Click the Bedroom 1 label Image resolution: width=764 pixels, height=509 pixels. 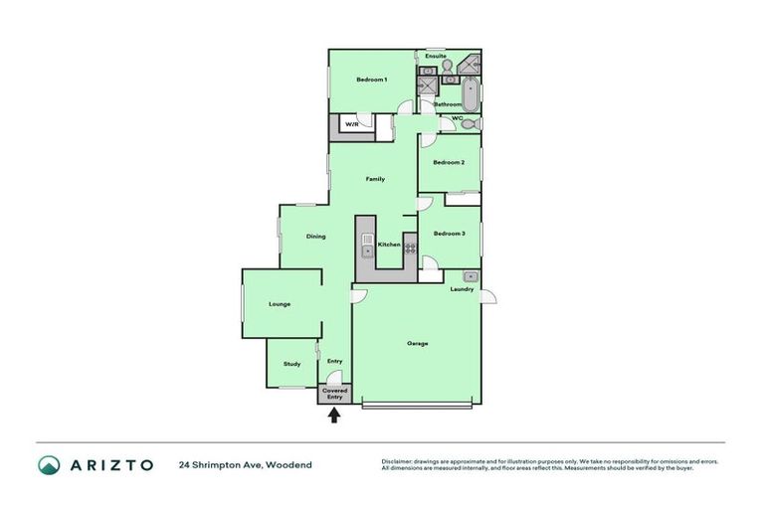[x=371, y=80]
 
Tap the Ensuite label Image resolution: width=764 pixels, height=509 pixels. [x=436, y=57]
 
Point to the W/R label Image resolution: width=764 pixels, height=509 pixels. [x=352, y=124]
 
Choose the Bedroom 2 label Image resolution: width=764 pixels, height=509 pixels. [x=448, y=162]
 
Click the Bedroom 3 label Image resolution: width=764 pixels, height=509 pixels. [x=450, y=234]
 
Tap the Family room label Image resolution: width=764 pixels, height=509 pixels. [x=374, y=179]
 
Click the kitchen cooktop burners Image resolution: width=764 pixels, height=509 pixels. [x=409, y=248]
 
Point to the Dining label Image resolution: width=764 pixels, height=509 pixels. [x=316, y=237]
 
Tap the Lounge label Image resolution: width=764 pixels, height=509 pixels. [x=280, y=304]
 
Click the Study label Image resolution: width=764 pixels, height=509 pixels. [x=291, y=364]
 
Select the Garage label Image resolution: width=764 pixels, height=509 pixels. [x=418, y=344]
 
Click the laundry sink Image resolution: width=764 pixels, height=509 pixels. [x=472, y=275]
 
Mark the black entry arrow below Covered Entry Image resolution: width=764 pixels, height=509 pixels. [x=334, y=416]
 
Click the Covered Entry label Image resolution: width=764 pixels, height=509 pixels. [x=335, y=394]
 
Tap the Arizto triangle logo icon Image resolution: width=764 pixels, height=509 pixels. [x=49, y=464]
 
